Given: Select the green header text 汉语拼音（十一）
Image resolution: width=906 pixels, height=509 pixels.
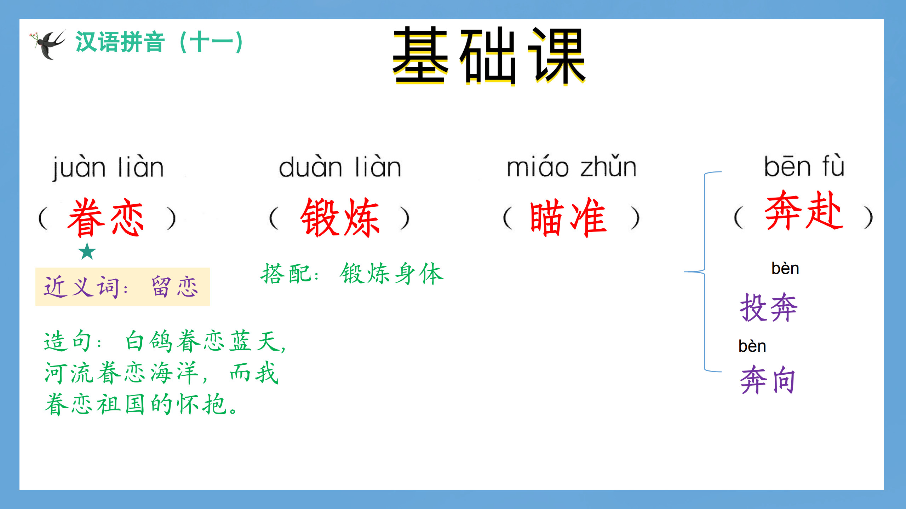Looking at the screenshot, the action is point(159,42).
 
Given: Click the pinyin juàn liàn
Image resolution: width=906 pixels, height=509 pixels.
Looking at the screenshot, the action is point(108,167).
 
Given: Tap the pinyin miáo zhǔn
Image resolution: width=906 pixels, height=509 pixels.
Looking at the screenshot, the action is point(572,166).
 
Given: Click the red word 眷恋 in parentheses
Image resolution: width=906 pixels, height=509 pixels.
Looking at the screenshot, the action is point(106,217).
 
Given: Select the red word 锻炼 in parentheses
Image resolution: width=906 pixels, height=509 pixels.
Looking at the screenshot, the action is point(340,217).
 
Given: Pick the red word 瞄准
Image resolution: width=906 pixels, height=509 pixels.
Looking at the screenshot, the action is point(568,217).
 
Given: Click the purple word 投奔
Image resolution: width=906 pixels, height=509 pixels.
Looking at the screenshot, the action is point(769,308).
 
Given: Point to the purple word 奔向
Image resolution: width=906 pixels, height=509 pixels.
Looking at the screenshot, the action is point(768,380).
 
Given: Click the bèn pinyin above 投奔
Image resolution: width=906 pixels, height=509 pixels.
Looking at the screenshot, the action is point(785,268).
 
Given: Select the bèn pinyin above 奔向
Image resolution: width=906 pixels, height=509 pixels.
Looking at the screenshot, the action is point(752,346).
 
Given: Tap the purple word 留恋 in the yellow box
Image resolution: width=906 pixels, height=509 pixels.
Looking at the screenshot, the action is point(175,287).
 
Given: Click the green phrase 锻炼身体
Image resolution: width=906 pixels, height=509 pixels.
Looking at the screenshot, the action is point(391,274).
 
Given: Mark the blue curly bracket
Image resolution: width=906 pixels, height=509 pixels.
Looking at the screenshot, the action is point(705,271).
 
